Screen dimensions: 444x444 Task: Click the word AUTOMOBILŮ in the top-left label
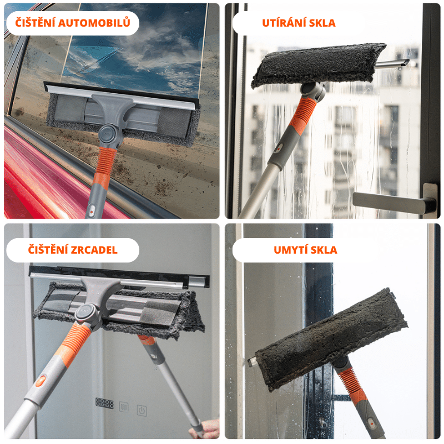pyautogui.click(x=94, y=23)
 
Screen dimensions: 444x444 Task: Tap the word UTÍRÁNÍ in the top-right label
pyautogui.click(x=284, y=23)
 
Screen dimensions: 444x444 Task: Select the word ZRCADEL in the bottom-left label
pyautogui.click(x=94, y=250)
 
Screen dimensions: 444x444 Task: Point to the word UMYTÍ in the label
pyautogui.click(x=290, y=250)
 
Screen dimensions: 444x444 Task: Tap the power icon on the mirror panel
pyautogui.click(x=142, y=410)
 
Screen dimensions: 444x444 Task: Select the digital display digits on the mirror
pyautogui.click(x=104, y=403)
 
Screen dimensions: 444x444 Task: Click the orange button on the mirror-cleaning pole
pyautogui.click(x=41, y=381)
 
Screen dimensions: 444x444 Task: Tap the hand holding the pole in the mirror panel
pyautogui.click(x=205, y=428)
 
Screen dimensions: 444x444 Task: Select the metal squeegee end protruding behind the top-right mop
pyautogui.click(x=393, y=64)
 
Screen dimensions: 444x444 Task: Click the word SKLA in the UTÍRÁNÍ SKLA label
pyautogui.click(x=322, y=23)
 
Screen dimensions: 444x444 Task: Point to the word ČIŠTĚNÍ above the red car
pyautogui.click(x=35, y=22)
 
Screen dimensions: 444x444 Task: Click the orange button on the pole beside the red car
pyautogui.click(x=92, y=211)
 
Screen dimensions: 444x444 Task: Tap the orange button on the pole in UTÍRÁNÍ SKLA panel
pyautogui.click(x=279, y=148)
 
